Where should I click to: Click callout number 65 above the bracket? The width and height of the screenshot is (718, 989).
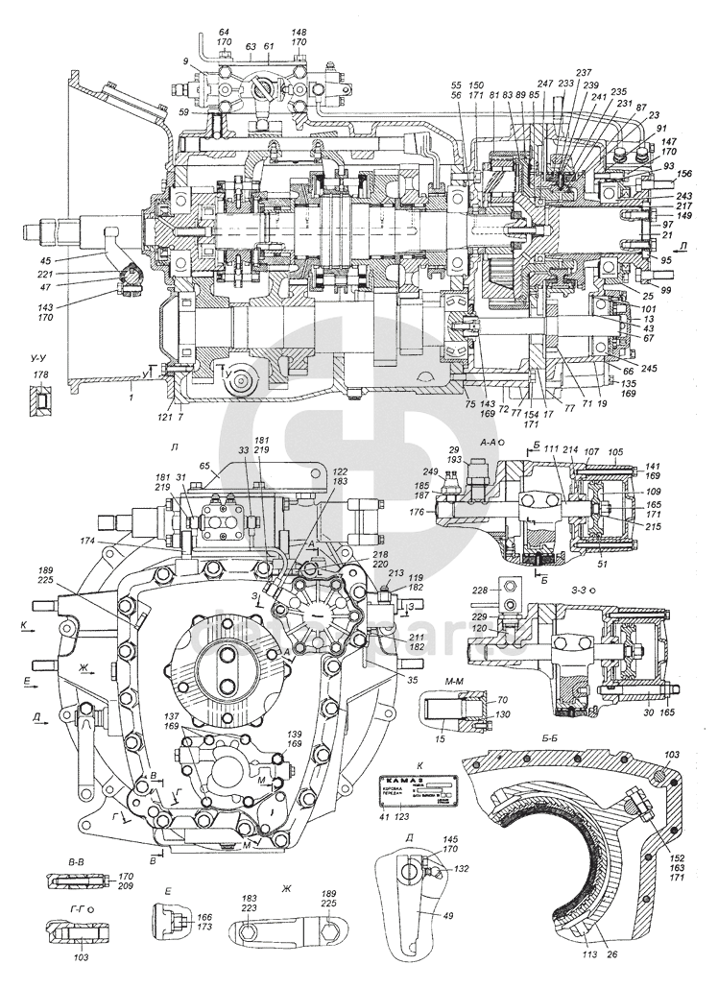[x=204, y=466]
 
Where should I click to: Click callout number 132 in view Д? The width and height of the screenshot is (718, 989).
[x=437, y=867]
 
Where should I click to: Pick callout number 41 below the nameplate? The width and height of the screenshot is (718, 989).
[x=385, y=816]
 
